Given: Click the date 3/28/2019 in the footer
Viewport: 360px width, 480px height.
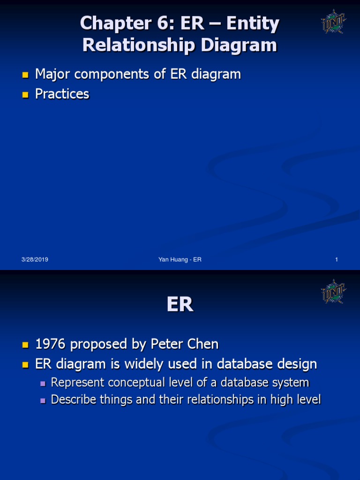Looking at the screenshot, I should pyautogui.click(x=35, y=260).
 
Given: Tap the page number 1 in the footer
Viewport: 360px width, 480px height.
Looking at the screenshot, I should pyautogui.click(x=337, y=260).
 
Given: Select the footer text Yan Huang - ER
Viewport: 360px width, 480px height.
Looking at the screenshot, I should pyautogui.click(x=180, y=260).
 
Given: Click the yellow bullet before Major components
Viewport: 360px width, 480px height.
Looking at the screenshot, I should pyautogui.click(x=25, y=75).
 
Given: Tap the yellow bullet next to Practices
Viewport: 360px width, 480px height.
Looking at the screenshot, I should pyautogui.click(x=25, y=94).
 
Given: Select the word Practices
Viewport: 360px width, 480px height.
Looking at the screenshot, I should pyautogui.click(x=62, y=94).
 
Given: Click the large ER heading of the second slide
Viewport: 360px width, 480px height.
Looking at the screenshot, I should pyautogui.click(x=180, y=305).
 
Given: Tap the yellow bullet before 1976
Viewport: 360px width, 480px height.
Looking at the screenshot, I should pyautogui.click(x=25, y=345).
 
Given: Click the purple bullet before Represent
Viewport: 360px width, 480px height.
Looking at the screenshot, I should pyautogui.click(x=43, y=383).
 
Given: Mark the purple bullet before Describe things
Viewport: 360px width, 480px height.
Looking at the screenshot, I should pyautogui.click(x=43, y=400).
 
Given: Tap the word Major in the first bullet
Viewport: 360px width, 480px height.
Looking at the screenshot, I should pyautogui.click(x=51, y=74).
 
